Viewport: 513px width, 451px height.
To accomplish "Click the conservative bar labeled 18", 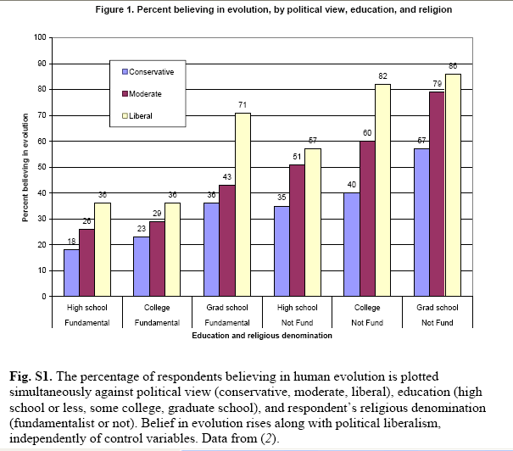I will [71, 273].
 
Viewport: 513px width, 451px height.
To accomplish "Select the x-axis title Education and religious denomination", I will [261, 336].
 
